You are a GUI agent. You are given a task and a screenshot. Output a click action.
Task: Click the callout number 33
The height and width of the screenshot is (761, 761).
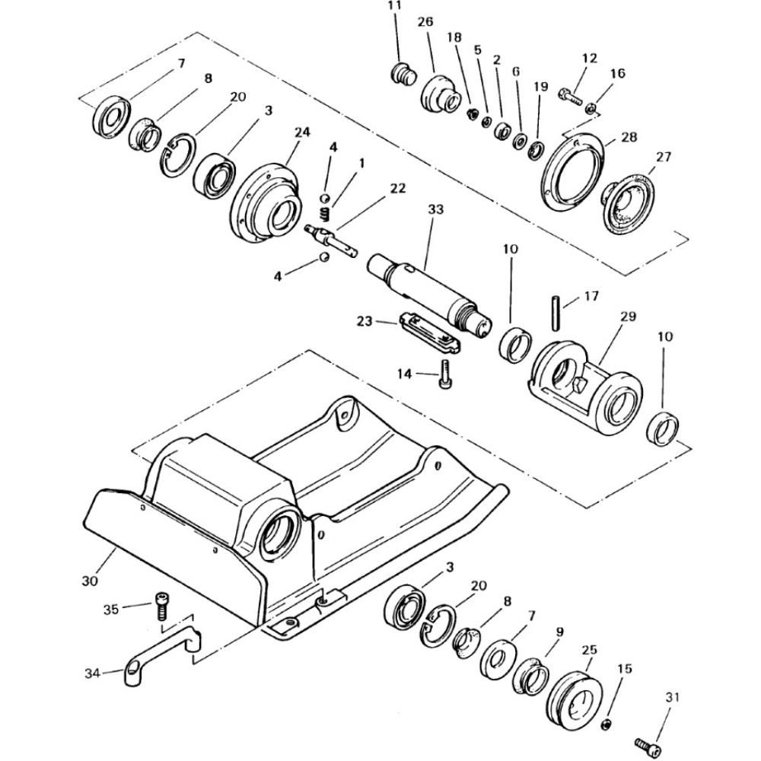click(x=435, y=209)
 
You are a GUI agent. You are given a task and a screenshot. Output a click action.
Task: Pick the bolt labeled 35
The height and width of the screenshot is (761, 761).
click(x=161, y=607)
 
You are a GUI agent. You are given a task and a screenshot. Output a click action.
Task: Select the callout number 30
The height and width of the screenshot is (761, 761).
click(x=90, y=581)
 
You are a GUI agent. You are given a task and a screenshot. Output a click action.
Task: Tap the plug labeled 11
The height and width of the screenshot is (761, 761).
click(x=403, y=74)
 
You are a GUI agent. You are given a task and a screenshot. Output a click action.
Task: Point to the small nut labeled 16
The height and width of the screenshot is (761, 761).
click(x=591, y=108)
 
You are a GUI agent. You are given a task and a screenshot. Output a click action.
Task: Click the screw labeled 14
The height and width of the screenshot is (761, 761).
click(x=445, y=374)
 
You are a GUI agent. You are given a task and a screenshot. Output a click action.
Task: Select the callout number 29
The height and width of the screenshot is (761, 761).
click(x=628, y=317)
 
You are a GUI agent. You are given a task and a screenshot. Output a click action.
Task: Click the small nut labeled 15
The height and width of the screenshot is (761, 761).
click(x=607, y=725)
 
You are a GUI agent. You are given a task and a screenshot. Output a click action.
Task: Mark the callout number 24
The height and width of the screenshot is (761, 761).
click(x=302, y=132)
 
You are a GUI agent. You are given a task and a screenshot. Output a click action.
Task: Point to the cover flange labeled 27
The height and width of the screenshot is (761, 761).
click(x=628, y=204)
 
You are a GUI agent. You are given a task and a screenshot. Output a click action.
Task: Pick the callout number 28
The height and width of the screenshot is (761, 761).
click(x=629, y=137)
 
